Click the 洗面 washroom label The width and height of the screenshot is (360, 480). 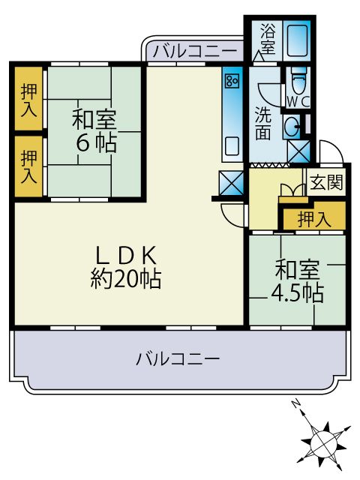coord(263,124)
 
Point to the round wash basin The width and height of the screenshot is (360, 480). coord(292,124)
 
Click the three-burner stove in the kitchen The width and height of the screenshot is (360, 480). coord(232,79)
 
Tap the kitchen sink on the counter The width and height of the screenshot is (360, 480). coord(232,145)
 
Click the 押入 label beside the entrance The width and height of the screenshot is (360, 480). coord(313,219)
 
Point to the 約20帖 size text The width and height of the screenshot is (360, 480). coord(125,279)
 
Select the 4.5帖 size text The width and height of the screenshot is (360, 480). coord(298,292)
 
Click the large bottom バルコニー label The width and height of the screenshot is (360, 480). coord(178,358)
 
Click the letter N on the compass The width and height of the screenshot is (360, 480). coord(297,406)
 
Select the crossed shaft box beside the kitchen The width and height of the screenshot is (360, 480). coord(229,182)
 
